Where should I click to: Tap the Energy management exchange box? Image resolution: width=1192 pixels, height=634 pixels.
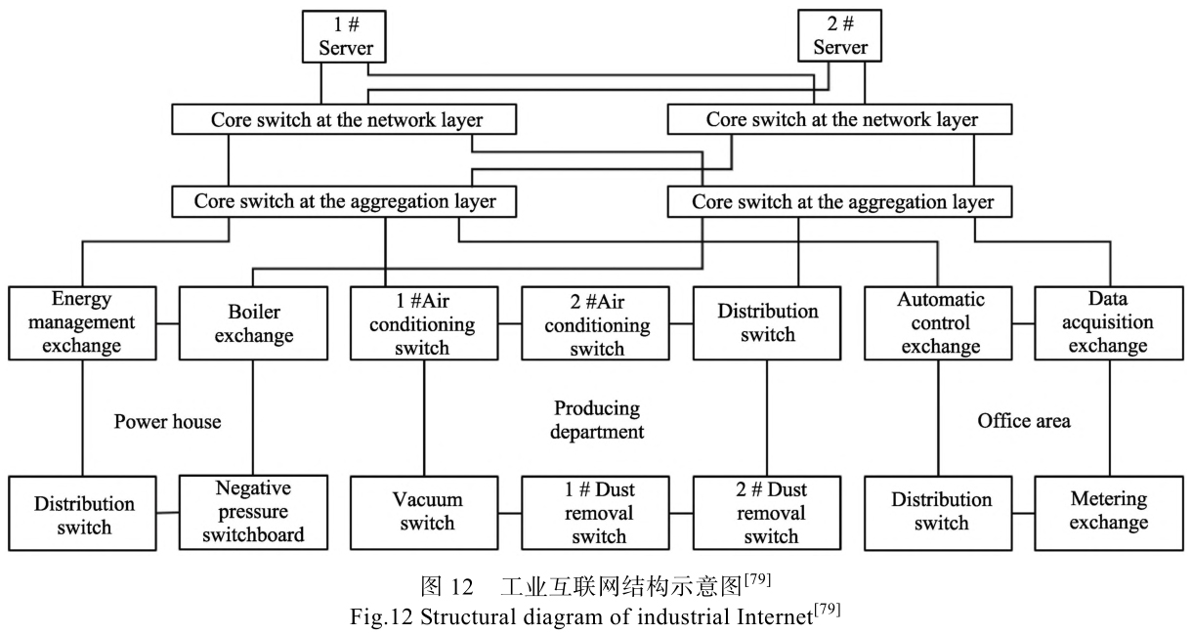[81, 321]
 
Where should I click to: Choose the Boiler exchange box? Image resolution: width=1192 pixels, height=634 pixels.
[253, 321]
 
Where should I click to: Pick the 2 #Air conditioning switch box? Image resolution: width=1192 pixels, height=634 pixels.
[595, 321]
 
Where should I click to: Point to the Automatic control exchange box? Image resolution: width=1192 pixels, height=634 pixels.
[940, 321]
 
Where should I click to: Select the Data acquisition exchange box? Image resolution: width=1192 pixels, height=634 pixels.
[1107, 321]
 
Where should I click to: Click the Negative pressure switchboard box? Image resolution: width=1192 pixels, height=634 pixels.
[253, 510]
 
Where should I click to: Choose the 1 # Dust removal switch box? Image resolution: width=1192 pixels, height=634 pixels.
[595, 510]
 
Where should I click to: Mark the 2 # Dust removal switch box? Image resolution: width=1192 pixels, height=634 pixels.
[766, 510]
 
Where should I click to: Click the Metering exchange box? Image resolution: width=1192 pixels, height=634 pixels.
[1107, 510]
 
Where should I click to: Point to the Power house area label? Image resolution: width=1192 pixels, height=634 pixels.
[167, 422]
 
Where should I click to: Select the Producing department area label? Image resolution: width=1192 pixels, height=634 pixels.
[596, 420]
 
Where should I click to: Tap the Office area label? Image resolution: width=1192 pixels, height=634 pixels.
[1023, 421]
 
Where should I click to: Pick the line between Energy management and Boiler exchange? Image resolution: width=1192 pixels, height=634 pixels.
[167, 321]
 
